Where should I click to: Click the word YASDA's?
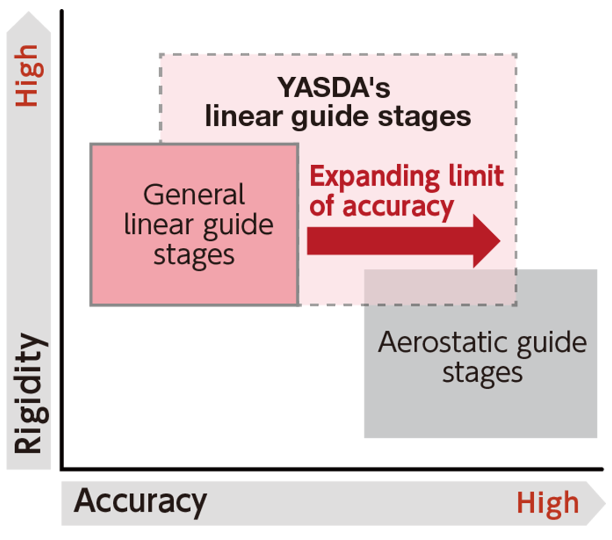pos(334,88)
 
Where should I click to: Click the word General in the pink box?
pos(194,194)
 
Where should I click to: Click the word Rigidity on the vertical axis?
pos(28,394)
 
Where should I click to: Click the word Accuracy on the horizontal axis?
pos(140,502)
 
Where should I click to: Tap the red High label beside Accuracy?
pos(548,503)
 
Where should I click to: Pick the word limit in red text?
pos(474,177)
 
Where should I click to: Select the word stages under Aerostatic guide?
pos(482,372)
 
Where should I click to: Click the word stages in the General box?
pos(194,254)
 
